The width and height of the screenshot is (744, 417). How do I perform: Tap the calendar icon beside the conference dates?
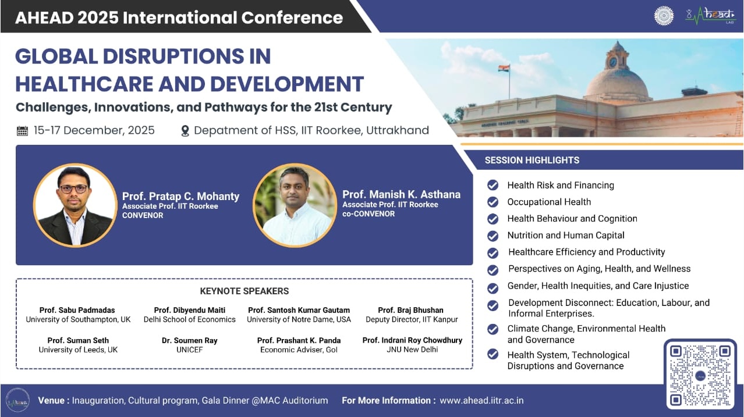point(22,131)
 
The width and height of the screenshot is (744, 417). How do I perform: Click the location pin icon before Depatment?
point(185,131)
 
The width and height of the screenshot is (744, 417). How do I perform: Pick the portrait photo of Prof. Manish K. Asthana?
point(295,205)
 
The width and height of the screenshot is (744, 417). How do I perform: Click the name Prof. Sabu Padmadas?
point(78,310)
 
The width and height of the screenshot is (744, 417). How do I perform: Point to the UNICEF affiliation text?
point(189,350)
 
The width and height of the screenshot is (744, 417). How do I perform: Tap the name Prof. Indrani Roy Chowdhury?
point(412,340)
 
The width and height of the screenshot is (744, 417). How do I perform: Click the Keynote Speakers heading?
point(244,291)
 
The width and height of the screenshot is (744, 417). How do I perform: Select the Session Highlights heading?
point(532,160)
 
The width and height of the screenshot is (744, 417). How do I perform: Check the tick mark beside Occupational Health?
point(493,202)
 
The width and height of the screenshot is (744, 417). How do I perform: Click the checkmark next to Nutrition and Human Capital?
point(493,236)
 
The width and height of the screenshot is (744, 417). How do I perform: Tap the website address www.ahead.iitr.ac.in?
point(481,401)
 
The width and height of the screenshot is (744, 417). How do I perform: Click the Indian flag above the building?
point(504,69)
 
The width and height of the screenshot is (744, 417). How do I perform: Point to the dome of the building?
point(616,81)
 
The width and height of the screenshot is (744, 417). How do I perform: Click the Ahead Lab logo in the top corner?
point(710,16)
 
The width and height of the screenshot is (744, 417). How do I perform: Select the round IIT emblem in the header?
point(664,16)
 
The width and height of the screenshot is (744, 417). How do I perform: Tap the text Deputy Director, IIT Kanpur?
point(412,319)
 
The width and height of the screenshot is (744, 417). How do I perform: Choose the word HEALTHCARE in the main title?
point(86,83)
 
